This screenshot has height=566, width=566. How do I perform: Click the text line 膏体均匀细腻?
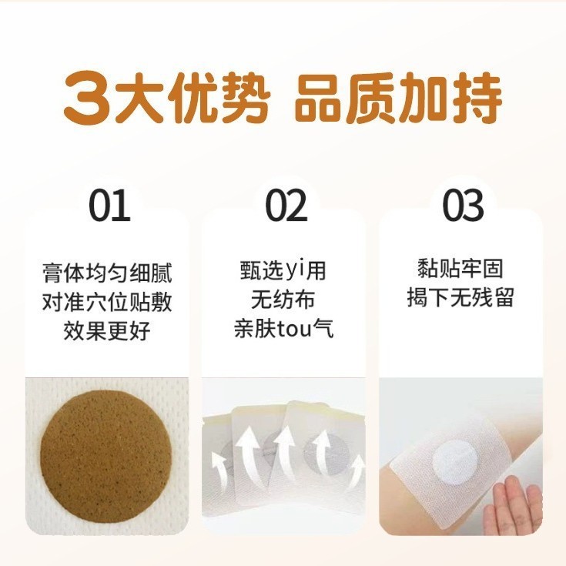(107, 273)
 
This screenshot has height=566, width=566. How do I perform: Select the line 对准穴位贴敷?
(107, 302)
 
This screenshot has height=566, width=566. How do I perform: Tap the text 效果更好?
(107, 331)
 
